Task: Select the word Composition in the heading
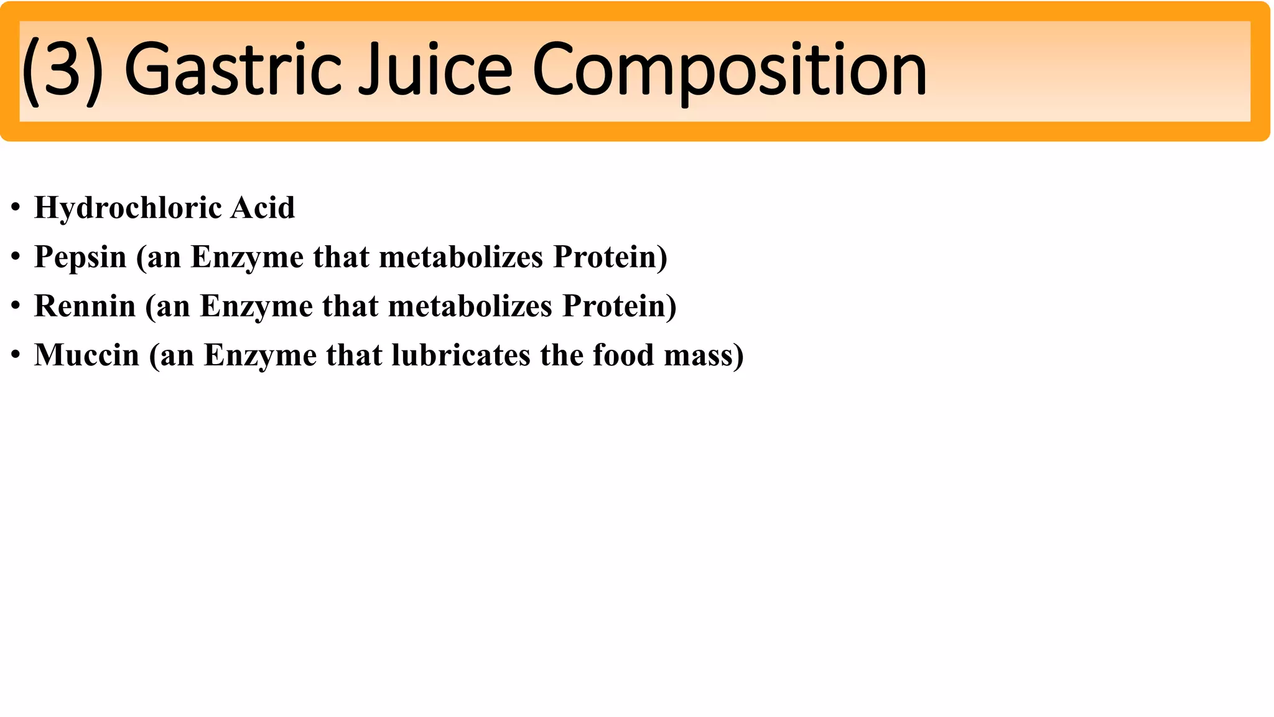730,70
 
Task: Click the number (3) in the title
63,70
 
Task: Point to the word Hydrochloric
128,208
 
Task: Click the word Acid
263,207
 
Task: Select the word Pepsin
80,257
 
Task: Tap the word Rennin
85,306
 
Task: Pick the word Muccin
86,355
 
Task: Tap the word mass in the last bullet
699,356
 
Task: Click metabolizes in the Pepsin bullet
461,256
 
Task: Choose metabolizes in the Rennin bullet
470,306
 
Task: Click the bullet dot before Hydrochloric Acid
16,208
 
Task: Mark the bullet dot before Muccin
16,355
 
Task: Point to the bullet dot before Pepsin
16,257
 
